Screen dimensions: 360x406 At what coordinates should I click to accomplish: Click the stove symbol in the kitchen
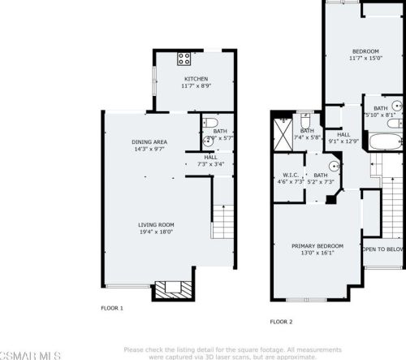184,59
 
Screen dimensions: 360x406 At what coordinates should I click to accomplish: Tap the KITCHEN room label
196,79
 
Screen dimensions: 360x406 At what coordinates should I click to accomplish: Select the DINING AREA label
149,142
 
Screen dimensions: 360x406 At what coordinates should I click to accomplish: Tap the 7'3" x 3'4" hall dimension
210,164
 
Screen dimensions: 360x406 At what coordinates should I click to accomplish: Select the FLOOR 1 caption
112,308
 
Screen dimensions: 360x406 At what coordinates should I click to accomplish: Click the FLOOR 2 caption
280,321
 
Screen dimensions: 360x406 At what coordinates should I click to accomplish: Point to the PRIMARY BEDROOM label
317,245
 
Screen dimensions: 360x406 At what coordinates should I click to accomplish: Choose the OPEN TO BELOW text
383,249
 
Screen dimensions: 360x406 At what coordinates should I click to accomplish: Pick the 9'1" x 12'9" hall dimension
343,141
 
